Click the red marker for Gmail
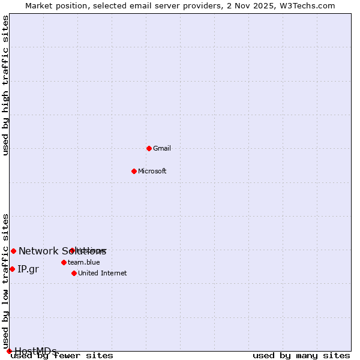(149, 148)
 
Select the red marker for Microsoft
(134, 171)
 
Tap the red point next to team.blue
(64, 262)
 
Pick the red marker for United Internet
(74, 273)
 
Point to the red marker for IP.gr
(12, 269)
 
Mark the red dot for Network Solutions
(13, 251)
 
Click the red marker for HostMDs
(9, 351)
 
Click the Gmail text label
(162, 148)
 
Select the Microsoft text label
(152, 171)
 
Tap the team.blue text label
(84, 262)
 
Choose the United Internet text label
(103, 273)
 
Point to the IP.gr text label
(28, 269)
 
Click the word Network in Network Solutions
(38, 251)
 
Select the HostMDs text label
(36, 351)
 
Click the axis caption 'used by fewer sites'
(62, 355)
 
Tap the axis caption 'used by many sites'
(301, 355)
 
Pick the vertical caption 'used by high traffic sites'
(5, 85)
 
